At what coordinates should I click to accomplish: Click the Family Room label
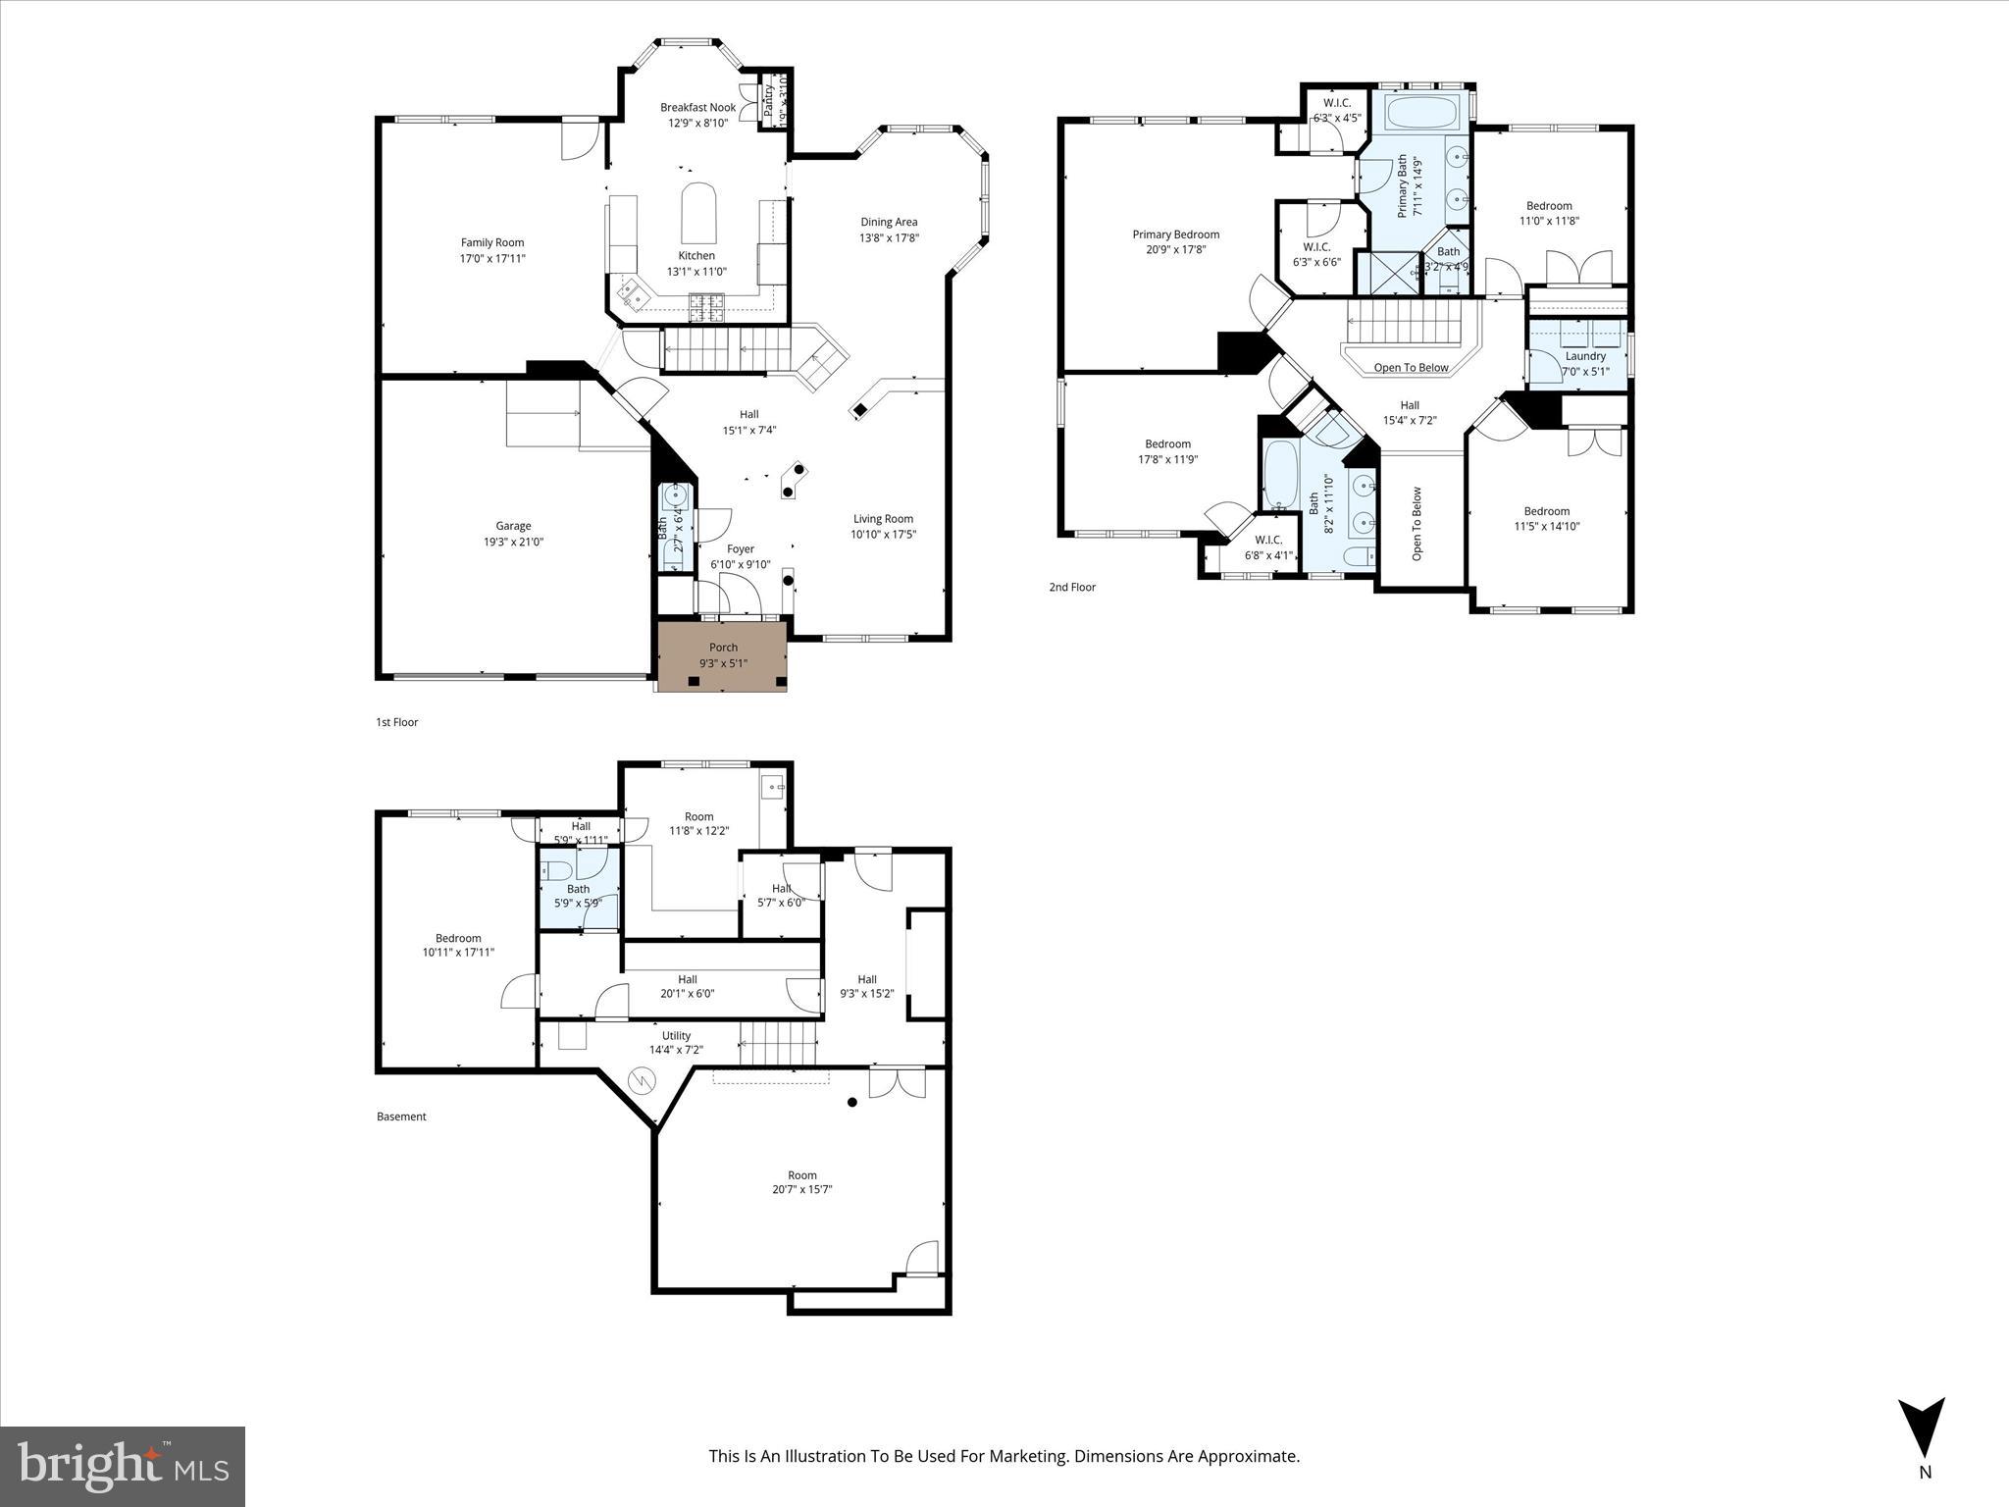(x=492, y=242)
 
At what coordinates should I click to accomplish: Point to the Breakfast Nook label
(x=697, y=108)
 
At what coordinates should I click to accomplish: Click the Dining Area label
(x=889, y=222)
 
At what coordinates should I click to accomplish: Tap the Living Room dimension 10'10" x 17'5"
(x=883, y=535)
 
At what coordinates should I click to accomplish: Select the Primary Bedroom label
(x=1175, y=234)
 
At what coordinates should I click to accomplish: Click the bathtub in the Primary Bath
(x=1421, y=114)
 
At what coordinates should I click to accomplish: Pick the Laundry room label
(x=1585, y=356)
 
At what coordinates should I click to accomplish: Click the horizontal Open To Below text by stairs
(x=1411, y=368)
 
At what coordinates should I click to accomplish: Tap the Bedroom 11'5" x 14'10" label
(x=1546, y=511)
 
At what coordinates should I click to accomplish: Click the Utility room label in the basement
(x=676, y=1035)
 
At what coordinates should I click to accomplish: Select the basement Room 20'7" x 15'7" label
(x=801, y=1175)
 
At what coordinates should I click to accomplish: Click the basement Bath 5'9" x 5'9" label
(x=578, y=889)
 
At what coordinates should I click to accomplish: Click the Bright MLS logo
(x=123, y=1467)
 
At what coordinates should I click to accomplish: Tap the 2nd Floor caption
(x=1072, y=588)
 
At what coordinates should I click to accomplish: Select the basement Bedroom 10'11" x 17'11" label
(x=458, y=938)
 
